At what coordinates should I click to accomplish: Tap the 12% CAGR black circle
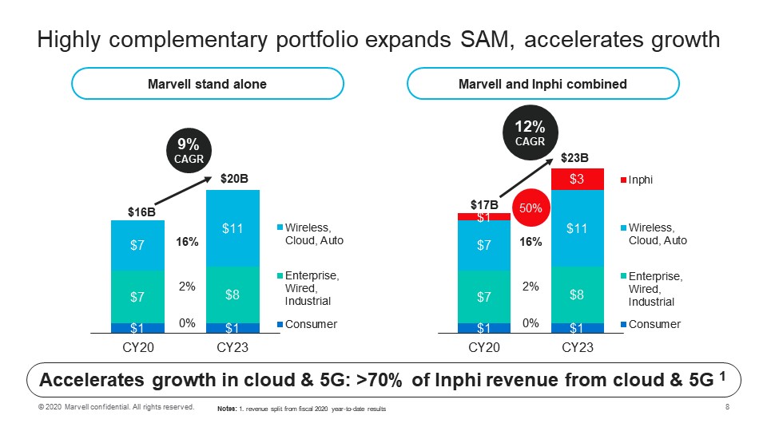pos(530,133)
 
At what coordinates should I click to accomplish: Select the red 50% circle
pos(531,208)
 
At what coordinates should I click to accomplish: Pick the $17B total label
pos(484,204)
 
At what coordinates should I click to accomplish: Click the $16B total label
pos(142,212)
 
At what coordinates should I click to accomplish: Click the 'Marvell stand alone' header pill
pos(208,84)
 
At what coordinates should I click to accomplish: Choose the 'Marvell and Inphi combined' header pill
pos(542,84)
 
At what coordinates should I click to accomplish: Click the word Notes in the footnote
pos(227,409)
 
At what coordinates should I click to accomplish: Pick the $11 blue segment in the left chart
pos(232,229)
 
